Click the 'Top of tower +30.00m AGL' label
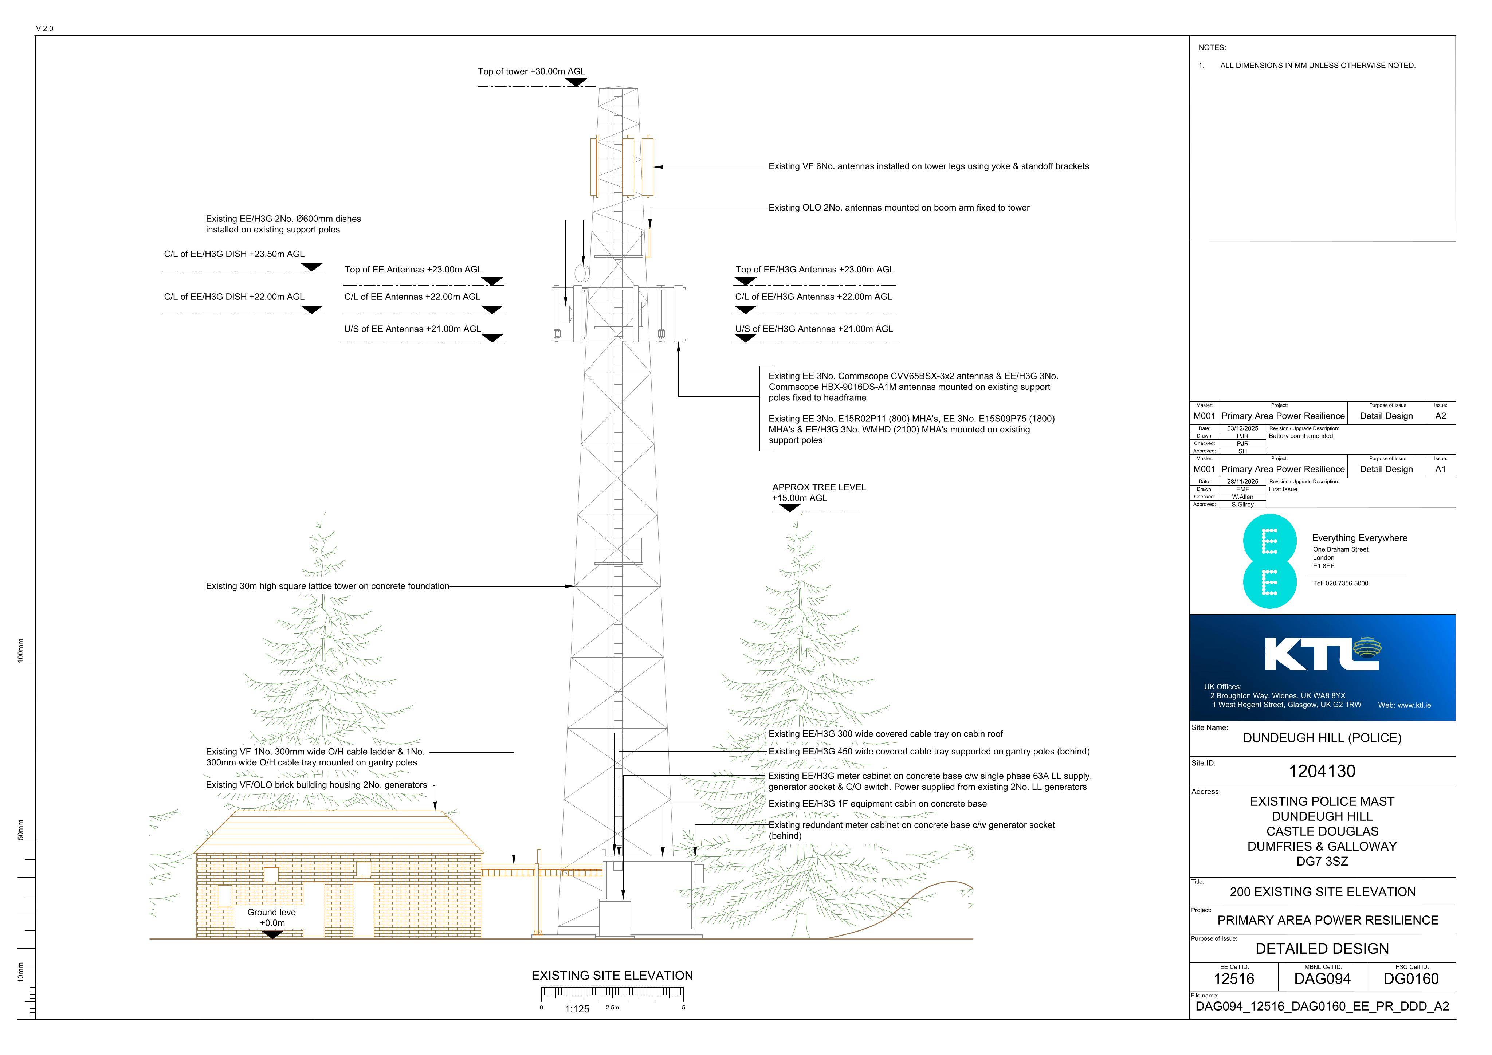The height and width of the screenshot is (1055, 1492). [x=531, y=71]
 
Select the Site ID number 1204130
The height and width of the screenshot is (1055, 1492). [x=1322, y=772]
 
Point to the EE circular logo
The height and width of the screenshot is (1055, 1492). [x=1269, y=562]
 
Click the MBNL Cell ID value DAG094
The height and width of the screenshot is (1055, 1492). [x=1322, y=979]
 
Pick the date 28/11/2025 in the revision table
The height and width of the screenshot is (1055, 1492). [x=1242, y=482]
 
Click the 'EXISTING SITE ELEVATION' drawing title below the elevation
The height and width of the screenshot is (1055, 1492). [x=612, y=976]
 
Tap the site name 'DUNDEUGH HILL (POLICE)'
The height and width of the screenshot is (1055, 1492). [x=1322, y=738]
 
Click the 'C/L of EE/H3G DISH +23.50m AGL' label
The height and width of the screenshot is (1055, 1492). [x=234, y=254]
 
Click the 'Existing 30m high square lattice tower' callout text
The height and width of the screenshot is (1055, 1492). [x=327, y=586]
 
